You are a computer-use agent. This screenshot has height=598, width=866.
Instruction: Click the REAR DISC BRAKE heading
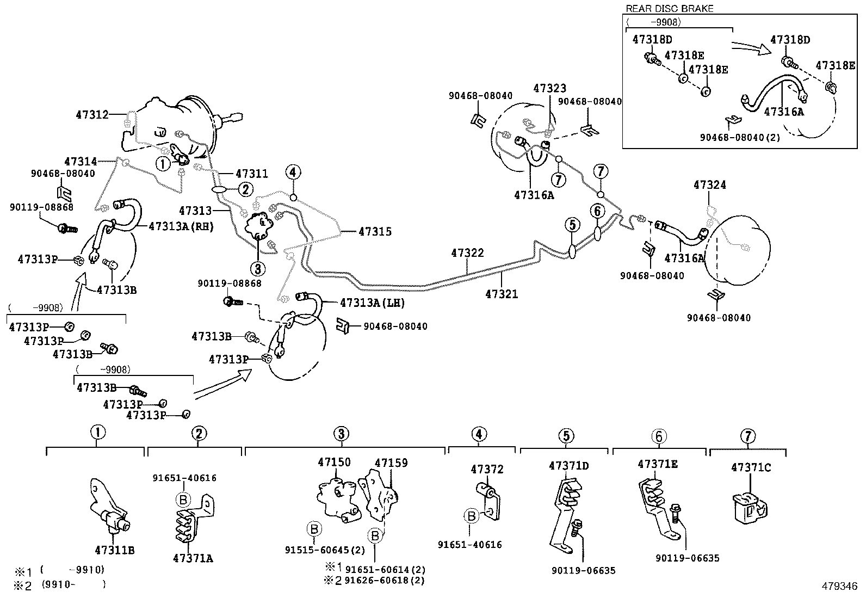coord(670,8)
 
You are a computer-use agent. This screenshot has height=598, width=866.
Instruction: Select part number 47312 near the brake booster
coord(92,114)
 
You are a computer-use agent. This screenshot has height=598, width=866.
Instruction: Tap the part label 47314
coord(81,161)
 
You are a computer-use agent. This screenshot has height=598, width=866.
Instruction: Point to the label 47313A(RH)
coord(181,226)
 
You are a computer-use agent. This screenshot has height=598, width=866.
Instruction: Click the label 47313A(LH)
coord(372,303)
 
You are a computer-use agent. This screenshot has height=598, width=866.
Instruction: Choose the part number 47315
coord(375,231)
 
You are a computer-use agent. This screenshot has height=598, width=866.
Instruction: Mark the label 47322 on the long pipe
coord(467,253)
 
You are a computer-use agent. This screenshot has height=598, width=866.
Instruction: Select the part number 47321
coord(502,294)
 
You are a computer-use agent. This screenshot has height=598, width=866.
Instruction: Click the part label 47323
coord(550,88)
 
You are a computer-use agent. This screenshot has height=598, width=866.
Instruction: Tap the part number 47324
coord(710,185)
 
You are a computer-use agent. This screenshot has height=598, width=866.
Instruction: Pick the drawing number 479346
coord(839,587)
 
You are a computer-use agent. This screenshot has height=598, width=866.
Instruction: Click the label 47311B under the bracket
coord(115,550)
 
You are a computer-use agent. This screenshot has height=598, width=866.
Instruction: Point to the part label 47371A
coord(193,558)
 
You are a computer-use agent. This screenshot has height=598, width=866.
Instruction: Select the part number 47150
coord(335,462)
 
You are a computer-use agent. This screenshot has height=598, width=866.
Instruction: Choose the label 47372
coord(487,469)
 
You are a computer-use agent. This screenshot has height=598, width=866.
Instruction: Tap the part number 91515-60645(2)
coord(325,550)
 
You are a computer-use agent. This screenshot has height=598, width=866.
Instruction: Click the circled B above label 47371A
coord(183,500)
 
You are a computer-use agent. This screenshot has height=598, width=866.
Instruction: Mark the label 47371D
coord(568,466)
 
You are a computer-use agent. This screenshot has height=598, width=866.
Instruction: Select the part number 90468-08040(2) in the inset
coord(740,137)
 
